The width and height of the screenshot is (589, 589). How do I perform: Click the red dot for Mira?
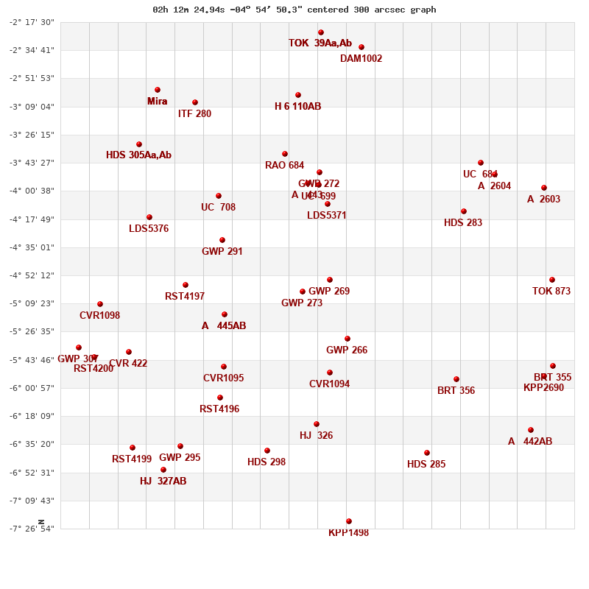[158, 90]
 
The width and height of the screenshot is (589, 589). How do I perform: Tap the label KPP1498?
[348, 533]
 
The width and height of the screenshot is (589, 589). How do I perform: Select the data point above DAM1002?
[361, 47]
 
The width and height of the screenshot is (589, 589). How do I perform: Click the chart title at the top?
[294, 10]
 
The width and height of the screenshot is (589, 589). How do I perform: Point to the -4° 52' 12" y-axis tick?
[32, 275]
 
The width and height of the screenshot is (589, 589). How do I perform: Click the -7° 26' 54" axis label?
[32, 529]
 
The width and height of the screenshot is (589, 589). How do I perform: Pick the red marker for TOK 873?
[552, 280]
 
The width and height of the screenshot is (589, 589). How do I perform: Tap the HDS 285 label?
[426, 465]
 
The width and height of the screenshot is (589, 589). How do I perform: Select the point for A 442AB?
[531, 430]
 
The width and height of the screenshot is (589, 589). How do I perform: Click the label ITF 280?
[194, 114]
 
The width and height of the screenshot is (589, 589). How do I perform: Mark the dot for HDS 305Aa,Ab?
[139, 144]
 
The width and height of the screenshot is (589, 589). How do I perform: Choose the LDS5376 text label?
[149, 229]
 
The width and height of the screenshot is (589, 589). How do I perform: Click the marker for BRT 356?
[456, 379]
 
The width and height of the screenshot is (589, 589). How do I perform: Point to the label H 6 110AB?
[297, 107]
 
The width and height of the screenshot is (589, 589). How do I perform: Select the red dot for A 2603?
[544, 188]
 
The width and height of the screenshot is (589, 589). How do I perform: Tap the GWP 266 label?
[347, 350]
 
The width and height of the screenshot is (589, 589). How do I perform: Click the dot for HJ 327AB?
[163, 470]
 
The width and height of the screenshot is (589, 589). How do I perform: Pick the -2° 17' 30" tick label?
[32, 22]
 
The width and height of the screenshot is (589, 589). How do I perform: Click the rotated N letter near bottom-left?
[41, 522]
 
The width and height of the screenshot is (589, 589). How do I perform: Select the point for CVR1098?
[100, 304]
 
